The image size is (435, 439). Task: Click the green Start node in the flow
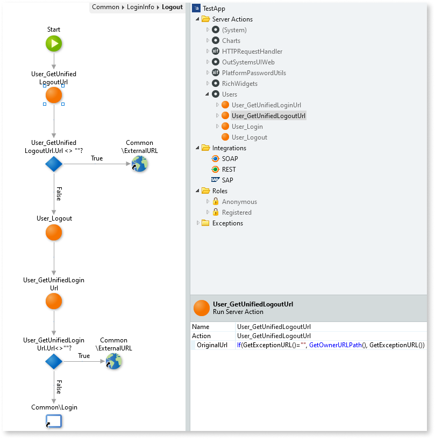(54, 44)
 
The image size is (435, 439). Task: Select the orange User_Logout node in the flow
(54, 233)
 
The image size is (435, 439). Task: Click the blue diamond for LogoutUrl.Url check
(54, 164)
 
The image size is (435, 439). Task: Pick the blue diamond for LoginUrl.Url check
(54, 361)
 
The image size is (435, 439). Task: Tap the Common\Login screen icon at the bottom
(54, 421)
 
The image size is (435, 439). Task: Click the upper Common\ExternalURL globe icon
(139, 164)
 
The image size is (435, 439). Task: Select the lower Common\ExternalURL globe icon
(113, 361)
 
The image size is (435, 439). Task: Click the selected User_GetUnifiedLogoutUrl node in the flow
(54, 96)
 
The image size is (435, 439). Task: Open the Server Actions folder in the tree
(232, 19)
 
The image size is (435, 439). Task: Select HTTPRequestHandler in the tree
(252, 52)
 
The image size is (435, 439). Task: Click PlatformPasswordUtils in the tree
(254, 73)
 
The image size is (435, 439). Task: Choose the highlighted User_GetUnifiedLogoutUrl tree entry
(268, 116)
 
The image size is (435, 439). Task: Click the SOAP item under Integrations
(230, 159)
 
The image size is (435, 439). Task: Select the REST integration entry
(229, 170)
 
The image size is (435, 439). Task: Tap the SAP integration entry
(227, 180)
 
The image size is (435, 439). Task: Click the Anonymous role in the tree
(239, 202)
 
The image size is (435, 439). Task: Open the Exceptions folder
(227, 223)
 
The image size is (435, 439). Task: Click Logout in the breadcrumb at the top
(172, 7)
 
